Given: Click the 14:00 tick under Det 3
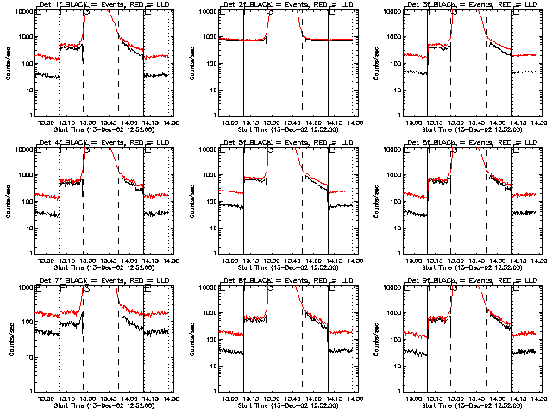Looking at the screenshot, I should pos(499,122).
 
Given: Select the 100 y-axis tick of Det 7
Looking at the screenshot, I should pos(29,323).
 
